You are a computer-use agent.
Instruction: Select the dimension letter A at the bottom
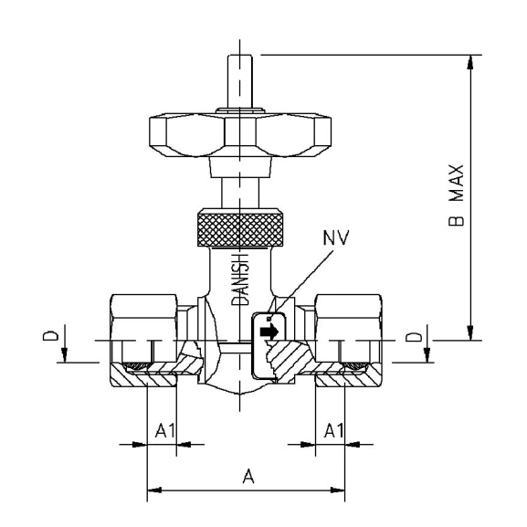pyautogui.click(x=245, y=476)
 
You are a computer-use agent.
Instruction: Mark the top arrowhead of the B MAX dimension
pyautogui.click(x=469, y=60)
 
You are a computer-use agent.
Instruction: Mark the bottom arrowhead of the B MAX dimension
pyautogui.click(x=469, y=333)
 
